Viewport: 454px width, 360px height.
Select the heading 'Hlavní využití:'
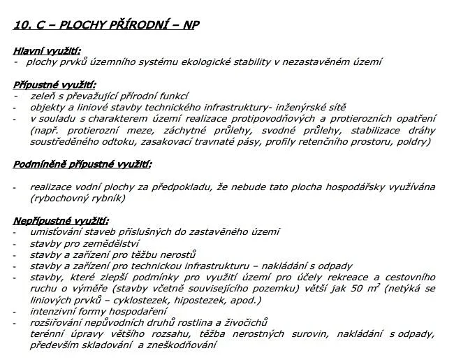(47, 50)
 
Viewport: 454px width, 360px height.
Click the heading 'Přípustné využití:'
(54, 85)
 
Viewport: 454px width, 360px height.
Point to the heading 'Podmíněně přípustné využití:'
(82, 164)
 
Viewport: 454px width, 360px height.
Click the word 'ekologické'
(202, 62)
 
